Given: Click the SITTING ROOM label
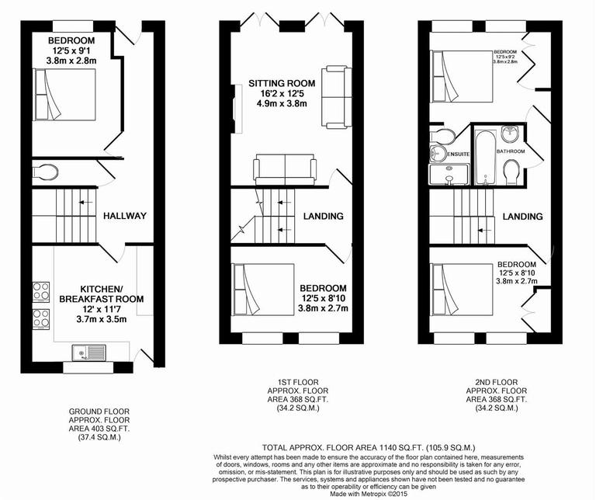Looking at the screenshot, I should pyautogui.click(x=282, y=83).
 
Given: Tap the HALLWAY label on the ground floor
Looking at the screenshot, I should pyautogui.click(x=125, y=216).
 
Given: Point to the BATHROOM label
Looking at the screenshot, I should pyautogui.click(x=511, y=151).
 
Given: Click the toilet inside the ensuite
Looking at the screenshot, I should pyautogui.click(x=440, y=138).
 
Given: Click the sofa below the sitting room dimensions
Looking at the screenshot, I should pyautogui.click(x=285, y=168).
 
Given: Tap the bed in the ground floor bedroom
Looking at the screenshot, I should pyautogui.click(x=65, y=92).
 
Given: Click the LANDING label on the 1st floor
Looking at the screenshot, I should pyautogui.click(x=323, y=216).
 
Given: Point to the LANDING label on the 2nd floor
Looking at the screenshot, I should pyautogui.click(x=521, y=216).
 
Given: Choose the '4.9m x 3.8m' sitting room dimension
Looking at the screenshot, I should pyautogui.click(x=282, y=105).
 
